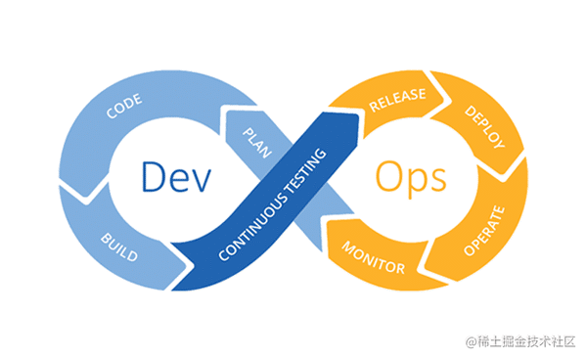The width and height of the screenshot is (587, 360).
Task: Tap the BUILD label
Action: pos(120,248)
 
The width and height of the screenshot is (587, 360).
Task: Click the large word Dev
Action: pos(177,179)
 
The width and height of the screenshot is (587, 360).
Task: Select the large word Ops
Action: pos(410,180)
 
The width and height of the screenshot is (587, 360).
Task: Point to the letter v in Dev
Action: pos(203,182)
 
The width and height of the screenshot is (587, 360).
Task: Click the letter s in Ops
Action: pos(437,182)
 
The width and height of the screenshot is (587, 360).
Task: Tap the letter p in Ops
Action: pos(414,185)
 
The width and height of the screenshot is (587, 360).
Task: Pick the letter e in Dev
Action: pos(179,182)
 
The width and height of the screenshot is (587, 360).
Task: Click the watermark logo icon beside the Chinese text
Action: pos(473,342)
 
